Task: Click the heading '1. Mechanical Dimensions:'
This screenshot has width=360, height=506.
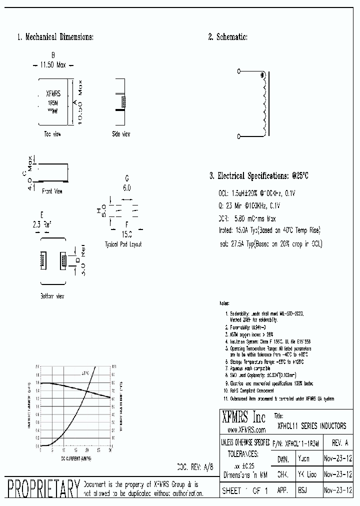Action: pos(55,37)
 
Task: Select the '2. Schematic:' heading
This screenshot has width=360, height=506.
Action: pos(227,37)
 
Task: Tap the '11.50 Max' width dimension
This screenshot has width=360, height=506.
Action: pos(53,64)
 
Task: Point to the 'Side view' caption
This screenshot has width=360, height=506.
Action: pos(121,134)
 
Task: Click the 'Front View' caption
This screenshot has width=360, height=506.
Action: pos(52,191)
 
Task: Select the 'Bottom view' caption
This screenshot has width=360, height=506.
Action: pos(52,296)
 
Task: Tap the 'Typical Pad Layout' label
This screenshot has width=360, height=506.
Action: pos(123,244)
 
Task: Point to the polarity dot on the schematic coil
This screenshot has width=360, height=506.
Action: pos(262,76)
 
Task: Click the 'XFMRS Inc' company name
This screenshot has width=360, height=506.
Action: pos(244,417)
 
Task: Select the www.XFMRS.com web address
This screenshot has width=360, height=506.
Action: pos(246,429)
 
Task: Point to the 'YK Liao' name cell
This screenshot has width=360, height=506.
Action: pos(306,474)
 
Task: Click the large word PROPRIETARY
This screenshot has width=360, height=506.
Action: pos(42,488)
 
